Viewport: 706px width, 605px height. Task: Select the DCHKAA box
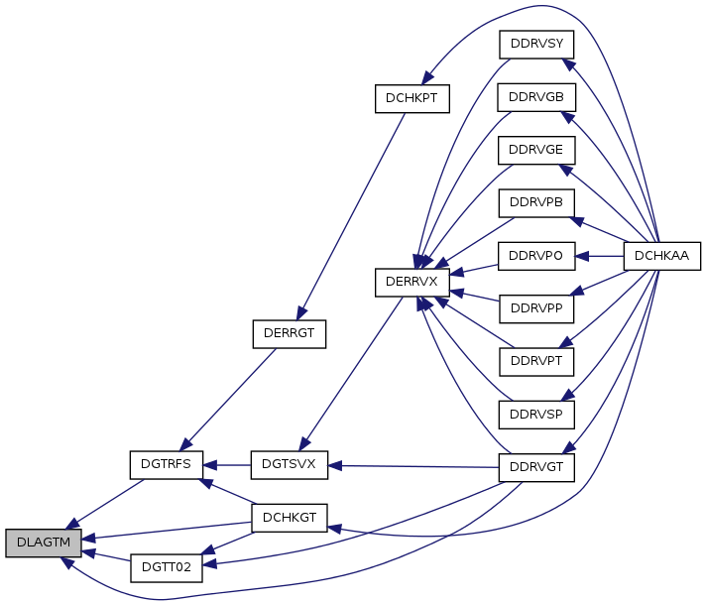661,255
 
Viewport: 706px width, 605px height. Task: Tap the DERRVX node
412,283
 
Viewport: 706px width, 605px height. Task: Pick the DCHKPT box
412,98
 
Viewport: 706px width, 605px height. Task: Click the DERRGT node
289,334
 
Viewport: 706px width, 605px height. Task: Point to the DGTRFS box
167,463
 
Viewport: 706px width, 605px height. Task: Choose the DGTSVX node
289,463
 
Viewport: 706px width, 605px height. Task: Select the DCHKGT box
289,517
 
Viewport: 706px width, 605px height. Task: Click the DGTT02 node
167,568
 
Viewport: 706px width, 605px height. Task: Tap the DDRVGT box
535,466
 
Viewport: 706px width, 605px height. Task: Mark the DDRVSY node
535,45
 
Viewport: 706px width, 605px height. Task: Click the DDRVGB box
535,97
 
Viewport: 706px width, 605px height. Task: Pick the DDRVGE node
535,150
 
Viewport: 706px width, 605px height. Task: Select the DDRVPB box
535,202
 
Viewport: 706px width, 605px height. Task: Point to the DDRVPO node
535,255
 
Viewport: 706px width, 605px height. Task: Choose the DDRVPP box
535,307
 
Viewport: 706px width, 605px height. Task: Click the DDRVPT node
535,360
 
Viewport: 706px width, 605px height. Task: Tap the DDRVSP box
535,413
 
